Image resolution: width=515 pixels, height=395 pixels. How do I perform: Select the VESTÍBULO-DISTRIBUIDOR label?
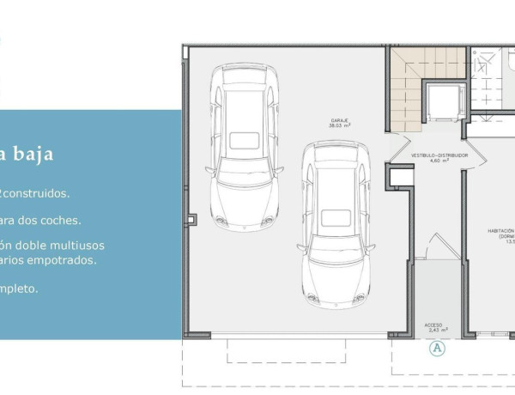click(x=439, y=155)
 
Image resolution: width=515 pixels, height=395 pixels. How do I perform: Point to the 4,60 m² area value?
click(x=439, y=161)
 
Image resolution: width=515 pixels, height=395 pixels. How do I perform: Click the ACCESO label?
click(x=433, y=325)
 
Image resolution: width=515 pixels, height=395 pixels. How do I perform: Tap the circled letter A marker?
click(x=438, y=348)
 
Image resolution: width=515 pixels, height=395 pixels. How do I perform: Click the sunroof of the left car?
click(x=245, y=139)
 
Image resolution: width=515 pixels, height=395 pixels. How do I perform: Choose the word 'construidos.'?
click(x=38, y=194)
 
